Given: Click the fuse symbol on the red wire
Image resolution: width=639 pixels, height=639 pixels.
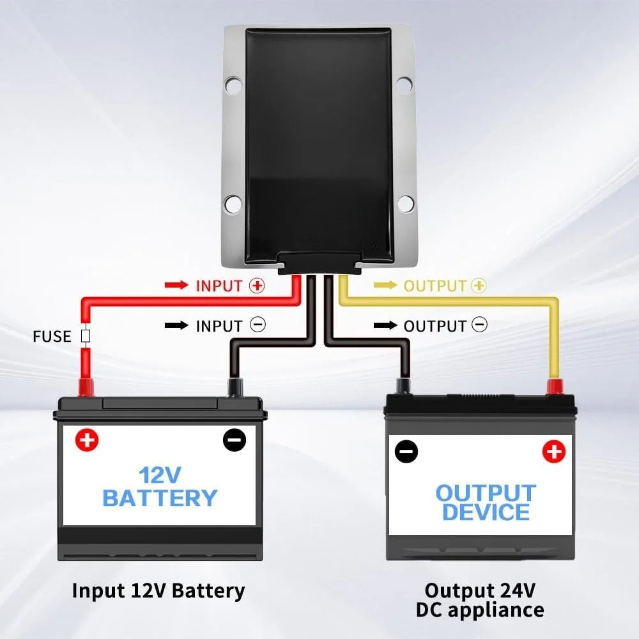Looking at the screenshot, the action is point(86,336).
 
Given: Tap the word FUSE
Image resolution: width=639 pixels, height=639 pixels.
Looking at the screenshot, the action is point(52,337).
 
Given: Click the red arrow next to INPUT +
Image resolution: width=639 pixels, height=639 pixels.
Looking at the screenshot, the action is point(176,285).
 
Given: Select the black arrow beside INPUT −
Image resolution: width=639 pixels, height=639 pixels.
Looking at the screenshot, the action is point(176,325).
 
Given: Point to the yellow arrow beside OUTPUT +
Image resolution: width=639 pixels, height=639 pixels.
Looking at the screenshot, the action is point(385,285).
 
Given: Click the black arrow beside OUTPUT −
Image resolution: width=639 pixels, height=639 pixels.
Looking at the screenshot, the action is point(385,325).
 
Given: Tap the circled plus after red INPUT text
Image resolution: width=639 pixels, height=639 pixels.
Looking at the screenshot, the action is point(258,285).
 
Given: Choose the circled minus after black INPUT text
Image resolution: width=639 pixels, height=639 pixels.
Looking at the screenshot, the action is point(258,325).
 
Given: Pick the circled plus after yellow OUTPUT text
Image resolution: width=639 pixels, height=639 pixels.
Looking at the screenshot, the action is point(479,285).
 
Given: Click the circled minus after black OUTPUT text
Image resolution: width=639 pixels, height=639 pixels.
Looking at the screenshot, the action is point(479,325).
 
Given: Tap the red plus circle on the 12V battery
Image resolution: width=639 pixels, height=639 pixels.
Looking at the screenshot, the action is point(87,440).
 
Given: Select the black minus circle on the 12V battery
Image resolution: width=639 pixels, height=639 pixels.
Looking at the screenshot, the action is point(235,440).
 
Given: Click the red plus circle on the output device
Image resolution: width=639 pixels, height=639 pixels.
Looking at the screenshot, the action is point(554,452).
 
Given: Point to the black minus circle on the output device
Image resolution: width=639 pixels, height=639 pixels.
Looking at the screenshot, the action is point(406,452).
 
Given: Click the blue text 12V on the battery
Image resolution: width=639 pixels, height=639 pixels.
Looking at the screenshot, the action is point(160,475).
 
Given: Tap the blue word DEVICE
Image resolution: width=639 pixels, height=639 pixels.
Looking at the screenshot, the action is point(486,512).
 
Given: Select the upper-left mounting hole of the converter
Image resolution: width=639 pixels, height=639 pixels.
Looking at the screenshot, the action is point(233,85).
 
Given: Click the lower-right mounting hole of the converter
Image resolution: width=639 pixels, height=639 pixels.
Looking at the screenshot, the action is point(405,203).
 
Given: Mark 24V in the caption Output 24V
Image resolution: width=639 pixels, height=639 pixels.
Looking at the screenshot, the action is point(518,590).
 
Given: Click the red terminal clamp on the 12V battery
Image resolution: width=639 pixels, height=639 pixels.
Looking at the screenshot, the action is point(86,387).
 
